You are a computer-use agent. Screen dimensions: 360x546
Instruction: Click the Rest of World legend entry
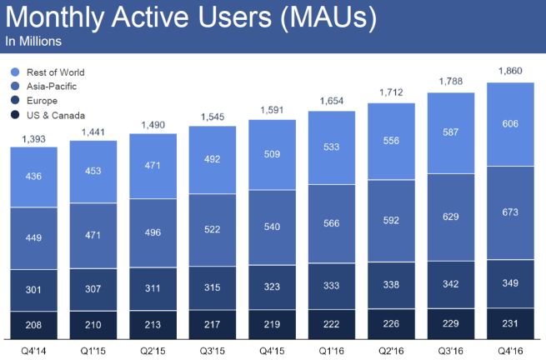tap(55, 72)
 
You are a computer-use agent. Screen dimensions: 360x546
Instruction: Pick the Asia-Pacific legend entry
tap(50, 87)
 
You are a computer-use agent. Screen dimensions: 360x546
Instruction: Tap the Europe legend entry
tap(42, 101)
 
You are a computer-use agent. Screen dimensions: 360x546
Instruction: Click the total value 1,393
tap(33, 137)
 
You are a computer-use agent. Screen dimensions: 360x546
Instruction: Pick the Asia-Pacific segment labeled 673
tap(511, 213)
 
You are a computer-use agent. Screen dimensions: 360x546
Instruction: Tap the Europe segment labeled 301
tap(33, 290)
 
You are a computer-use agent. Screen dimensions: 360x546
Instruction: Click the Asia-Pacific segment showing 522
tap(213, 229)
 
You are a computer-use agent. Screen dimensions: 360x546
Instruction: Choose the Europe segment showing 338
tap(392, 284)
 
